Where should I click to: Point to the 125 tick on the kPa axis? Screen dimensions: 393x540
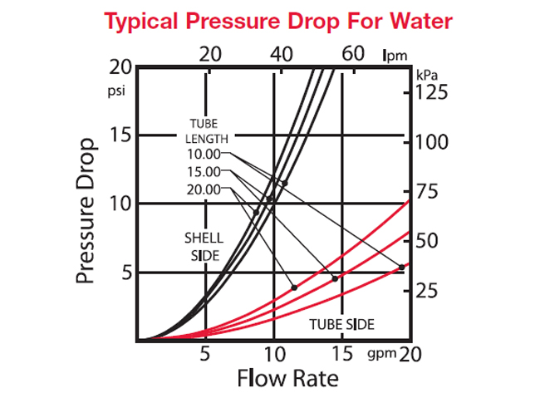point(431,92)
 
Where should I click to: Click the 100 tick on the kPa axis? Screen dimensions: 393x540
point(431,142)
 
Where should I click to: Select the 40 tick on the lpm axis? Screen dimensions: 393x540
point(282,55)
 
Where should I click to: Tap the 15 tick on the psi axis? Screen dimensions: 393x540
point(120,135)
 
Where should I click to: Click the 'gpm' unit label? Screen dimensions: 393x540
point(380,356)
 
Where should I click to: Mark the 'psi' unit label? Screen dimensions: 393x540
point(115,91)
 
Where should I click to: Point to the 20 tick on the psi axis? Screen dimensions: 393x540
point(120,67)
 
